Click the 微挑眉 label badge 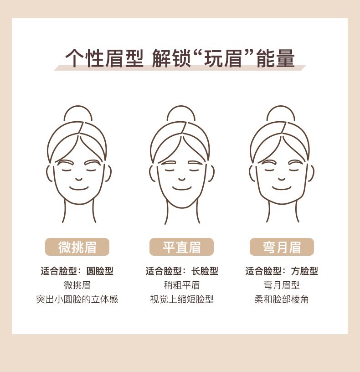(77, 247)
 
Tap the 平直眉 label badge (181, 247)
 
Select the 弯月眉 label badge (282, 247)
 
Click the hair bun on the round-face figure (78, 106)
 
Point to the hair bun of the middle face (181, 106)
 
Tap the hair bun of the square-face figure (281, 106)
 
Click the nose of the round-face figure (79, 179)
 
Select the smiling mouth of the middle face (182, 189)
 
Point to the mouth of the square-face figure (282, 189)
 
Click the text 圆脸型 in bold (100, 271)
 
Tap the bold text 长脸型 (205, 271)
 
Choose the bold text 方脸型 (304, 271)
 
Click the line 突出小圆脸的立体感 (77, 299)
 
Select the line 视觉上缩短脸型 (182, 299)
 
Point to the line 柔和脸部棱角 (282, 299)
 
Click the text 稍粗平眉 (182, 285)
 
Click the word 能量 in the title (276, 58)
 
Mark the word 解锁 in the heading (171, 58)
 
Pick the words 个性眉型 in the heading (104, 58)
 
